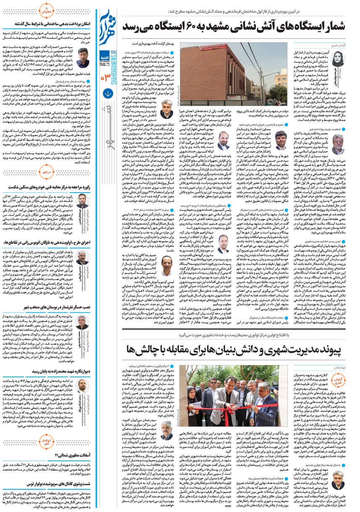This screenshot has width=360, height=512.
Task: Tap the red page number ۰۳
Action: point(106,75)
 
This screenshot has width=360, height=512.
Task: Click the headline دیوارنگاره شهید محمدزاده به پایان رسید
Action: point(50,371)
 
